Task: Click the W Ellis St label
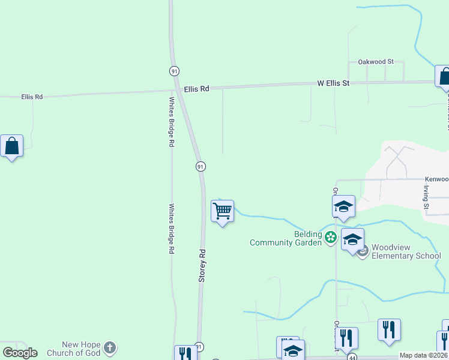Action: click(333, 83)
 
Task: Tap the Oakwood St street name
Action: click(375, 62)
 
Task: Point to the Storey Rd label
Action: click(202, 266)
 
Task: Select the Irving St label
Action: click(426, 197)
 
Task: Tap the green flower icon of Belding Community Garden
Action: click(330, 238)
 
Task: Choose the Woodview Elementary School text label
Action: click(406, 251)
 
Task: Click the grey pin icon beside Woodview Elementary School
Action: click(363, 251)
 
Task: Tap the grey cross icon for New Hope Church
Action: click(109, 347)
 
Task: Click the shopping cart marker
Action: click(222, 211)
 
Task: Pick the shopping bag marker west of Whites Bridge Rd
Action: click(11, 146)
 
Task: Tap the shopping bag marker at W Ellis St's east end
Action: click(444, 76)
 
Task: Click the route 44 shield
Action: click(351, 357)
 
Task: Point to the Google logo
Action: click(20, 353)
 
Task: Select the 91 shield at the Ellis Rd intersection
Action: click(174, 71)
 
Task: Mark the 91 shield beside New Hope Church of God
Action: click(199, 347)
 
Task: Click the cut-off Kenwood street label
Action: click(436, 179)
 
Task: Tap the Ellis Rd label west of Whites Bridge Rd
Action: click(32, 97)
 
